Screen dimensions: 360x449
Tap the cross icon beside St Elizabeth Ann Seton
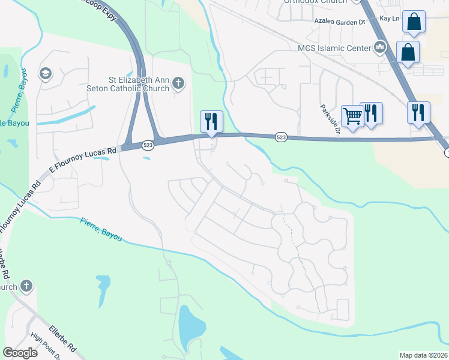178,84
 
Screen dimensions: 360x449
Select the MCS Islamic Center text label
336,47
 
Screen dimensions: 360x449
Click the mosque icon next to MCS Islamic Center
379,47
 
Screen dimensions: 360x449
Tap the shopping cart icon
352,115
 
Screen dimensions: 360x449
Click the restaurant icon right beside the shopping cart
372,113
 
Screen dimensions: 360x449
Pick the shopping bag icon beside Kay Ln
414,22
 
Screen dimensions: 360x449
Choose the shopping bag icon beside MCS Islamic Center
408,52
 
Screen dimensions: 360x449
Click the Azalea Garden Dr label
340,21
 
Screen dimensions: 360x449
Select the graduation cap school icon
44,74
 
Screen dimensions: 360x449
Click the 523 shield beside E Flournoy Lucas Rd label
148,145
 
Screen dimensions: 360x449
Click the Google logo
20,352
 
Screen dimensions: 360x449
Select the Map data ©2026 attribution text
423,355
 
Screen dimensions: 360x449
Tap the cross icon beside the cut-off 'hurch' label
26,286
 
